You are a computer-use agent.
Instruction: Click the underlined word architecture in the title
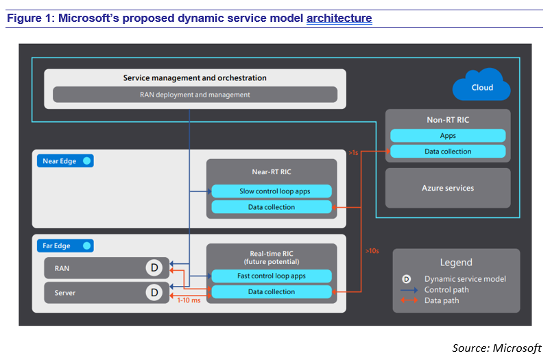pyautogui.click(x=339, y=19)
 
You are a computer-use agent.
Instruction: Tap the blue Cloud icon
pyautogui.click(x=481, y=86)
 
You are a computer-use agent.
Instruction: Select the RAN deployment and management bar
pyautogui.click(x=195, y=95)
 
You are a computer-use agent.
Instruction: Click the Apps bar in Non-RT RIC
pyautogui.click(x=448, y=136)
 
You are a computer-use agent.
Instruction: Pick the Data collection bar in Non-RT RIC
pyautogui.click(x=448, y=151)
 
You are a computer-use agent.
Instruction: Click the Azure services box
pyautogui.click(x=448, y=188)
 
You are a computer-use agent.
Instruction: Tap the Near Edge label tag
pyautogui.click(x=64, y=161)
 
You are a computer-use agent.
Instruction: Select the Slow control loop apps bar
pyautogui.click(x=272, y=191)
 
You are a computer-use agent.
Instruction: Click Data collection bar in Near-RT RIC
pyautogui.click(x=272, y=207)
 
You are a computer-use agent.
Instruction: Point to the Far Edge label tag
pyautogui.click(x=63, y=245)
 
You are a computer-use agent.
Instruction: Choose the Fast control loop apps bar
pyautogui.click(x=272, y=276)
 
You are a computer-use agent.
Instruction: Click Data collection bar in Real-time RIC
pyautogui.click(x=272, y=292)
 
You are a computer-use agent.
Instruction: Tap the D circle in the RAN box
pyautogui.click(x=154, y=269)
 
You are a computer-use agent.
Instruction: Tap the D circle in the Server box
pyautogui.click(x=154, y=293)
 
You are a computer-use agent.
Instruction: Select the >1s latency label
pyautogui.click(x=353, y=153)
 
